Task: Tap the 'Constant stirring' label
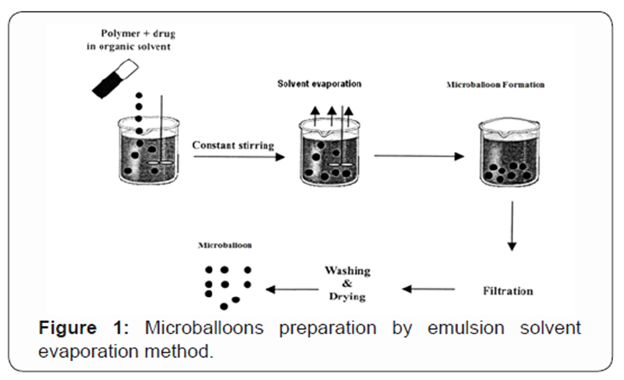pyautogui.click(x=233, y=145)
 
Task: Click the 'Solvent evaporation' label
pyautogui.click(x=320, y=84)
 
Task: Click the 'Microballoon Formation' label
pyautogui.click(x=495, y=85)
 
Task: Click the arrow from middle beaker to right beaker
pyautogui.click(x=419, y=156)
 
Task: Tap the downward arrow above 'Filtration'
pyautogui.click(x=511, y=226)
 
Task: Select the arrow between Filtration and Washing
pyautogui.click(x=428, y=290)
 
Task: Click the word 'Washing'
pyautogui.click(x=347, y=271)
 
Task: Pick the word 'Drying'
pyautogui.click(x=348, y=296)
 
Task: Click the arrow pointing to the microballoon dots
pyautogui.click(x=292, y=290)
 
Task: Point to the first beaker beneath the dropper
pyautogui.click(x=149, y=152)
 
